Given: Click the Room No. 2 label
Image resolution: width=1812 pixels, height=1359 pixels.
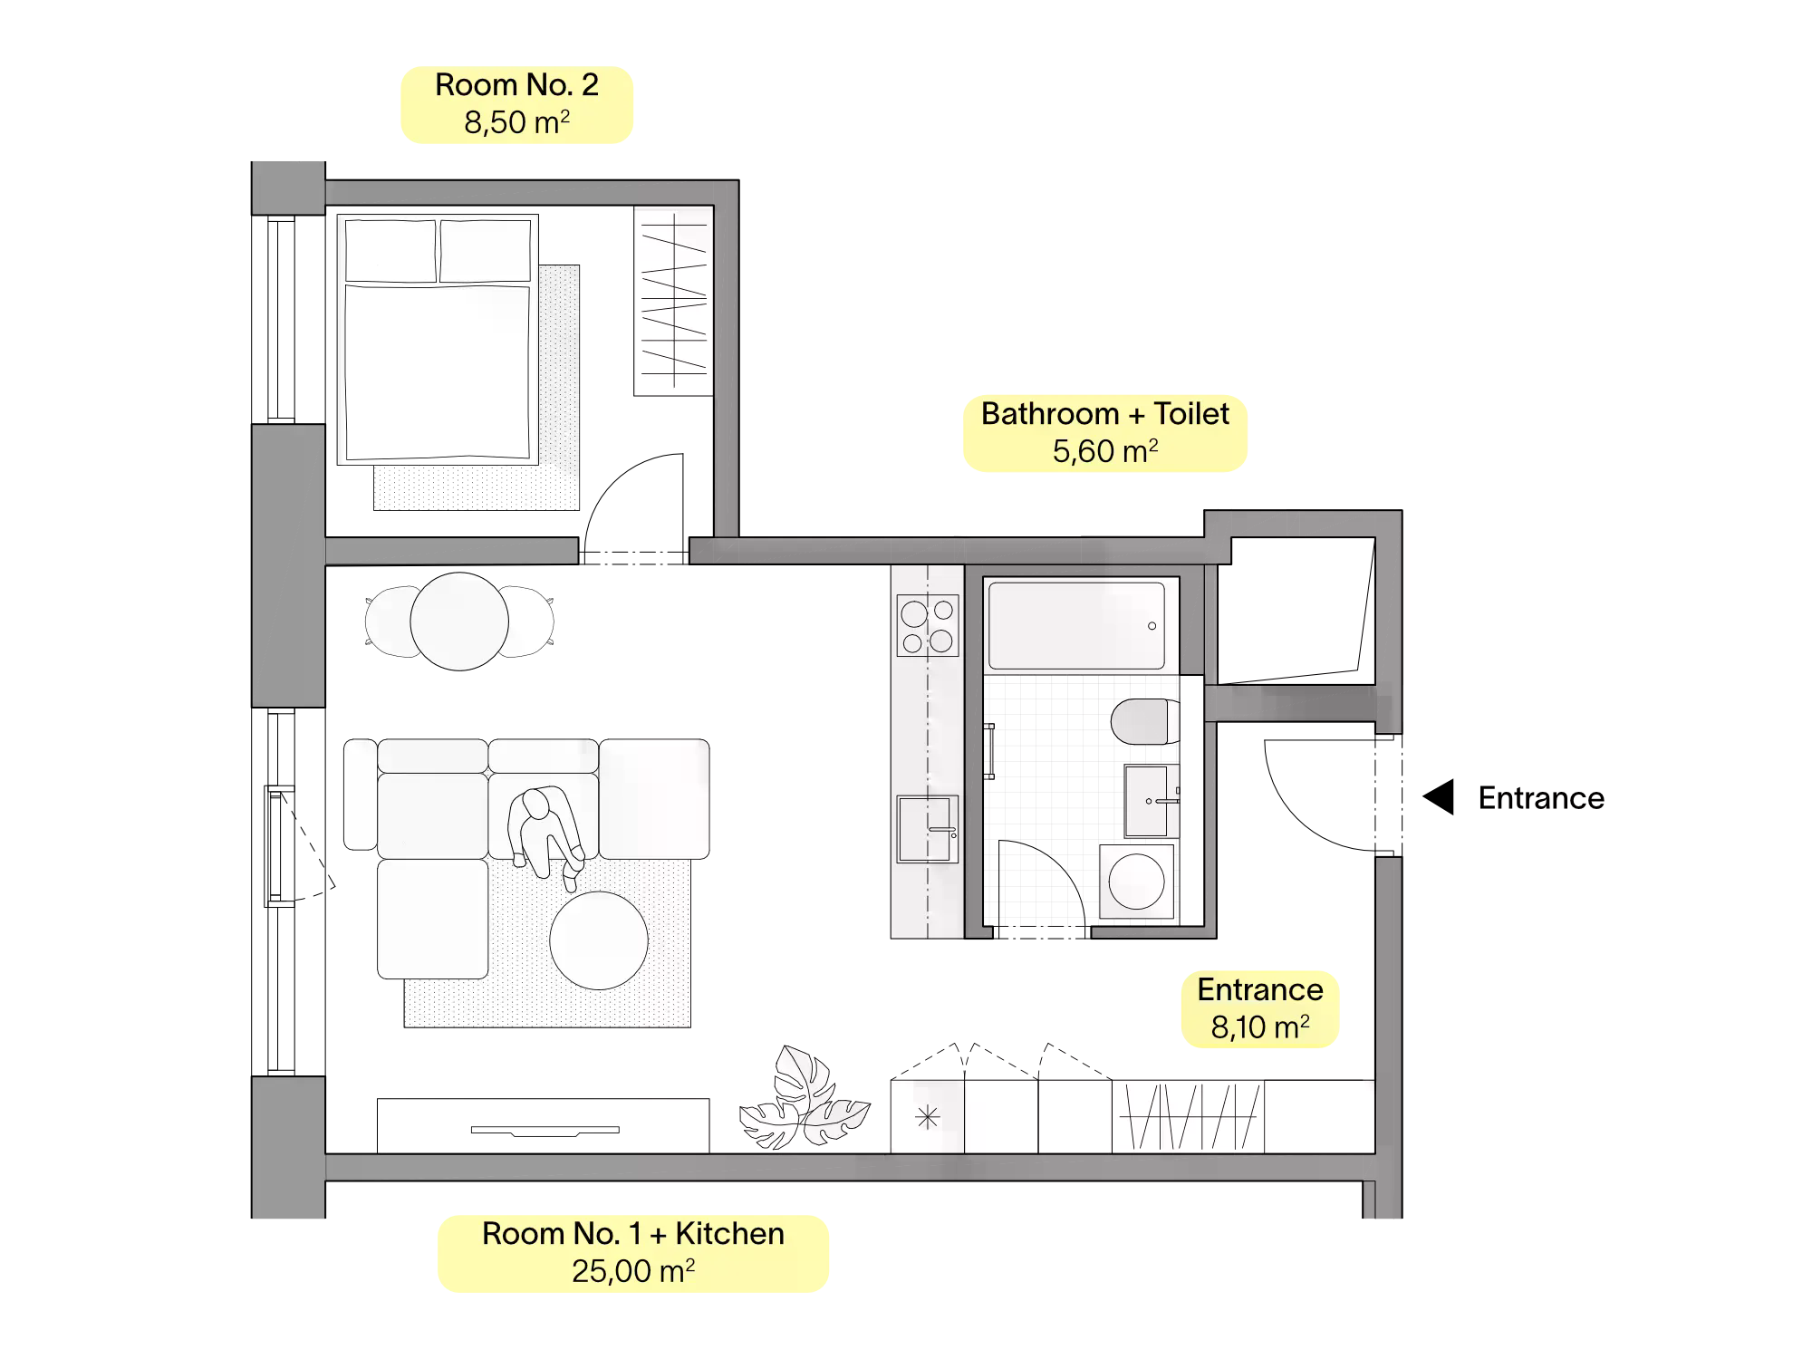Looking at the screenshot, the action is (x=516, y=104).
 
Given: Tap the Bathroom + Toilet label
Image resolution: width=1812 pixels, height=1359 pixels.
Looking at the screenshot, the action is (x=1105, y=433).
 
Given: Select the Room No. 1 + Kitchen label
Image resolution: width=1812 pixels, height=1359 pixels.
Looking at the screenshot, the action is (x=633, y=1253).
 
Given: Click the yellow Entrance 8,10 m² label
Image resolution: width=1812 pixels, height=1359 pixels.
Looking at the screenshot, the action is (x=1260, y=1009).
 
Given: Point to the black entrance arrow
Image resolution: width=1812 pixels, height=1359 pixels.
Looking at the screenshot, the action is (x=1438, y=797).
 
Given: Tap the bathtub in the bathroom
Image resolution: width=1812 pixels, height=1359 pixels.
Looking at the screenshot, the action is (x=1076, y=626).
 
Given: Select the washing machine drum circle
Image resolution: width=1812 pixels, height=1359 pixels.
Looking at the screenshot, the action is (x=1136, y=882).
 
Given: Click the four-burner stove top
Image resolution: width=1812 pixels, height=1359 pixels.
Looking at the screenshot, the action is (x=928, y=625).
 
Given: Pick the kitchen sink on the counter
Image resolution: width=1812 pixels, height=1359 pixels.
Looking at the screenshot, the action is (x=927, y=830).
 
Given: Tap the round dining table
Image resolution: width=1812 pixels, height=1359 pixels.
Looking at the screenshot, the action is (x=459, y=622).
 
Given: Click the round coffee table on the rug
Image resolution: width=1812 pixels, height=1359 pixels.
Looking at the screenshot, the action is (x=599, y=940).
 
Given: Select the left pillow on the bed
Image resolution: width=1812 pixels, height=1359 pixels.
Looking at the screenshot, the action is (x=390, y=251).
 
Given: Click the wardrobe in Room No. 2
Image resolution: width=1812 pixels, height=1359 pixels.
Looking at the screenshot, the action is (x=673, y=301).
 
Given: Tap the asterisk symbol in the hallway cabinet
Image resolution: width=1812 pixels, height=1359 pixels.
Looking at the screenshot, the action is (x=927, y=1118).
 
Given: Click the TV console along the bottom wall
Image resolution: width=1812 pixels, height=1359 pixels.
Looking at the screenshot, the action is (x=544, y=1126).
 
